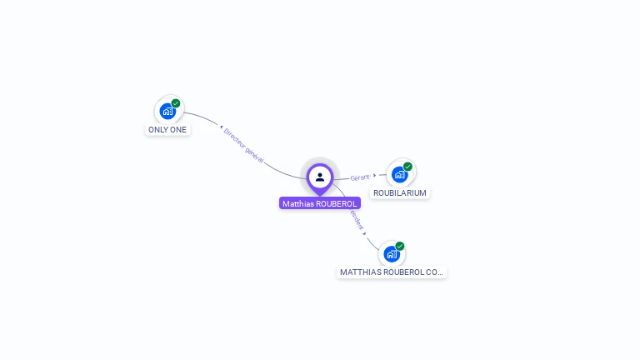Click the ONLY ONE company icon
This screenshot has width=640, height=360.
167,111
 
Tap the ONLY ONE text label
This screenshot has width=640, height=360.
167,130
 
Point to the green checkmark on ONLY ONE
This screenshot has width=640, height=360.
176,103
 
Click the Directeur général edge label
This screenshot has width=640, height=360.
244,146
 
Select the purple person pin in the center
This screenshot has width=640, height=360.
320,177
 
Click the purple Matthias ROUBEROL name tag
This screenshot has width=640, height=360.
320,203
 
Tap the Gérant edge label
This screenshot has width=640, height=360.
360,177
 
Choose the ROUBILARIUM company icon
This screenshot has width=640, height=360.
399,174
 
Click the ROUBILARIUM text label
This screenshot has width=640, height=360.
400,192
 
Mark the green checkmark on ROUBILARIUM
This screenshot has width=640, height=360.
407,167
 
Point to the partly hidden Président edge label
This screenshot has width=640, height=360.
357,221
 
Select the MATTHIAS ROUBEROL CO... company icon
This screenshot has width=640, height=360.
391,253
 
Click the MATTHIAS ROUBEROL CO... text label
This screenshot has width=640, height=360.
392,272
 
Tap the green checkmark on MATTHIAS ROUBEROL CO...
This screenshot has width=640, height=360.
400,246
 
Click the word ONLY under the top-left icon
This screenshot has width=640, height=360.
157,130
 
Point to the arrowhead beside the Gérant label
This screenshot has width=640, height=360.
375,175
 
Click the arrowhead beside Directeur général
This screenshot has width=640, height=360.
221,127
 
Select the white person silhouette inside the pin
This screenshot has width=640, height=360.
320,177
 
